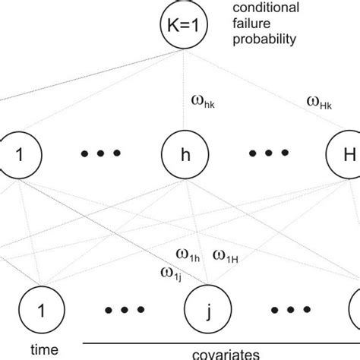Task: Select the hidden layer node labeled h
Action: [x=181, y=156]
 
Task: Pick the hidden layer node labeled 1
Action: [x=17, y=156]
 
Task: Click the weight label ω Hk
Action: [x=320, y=99]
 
